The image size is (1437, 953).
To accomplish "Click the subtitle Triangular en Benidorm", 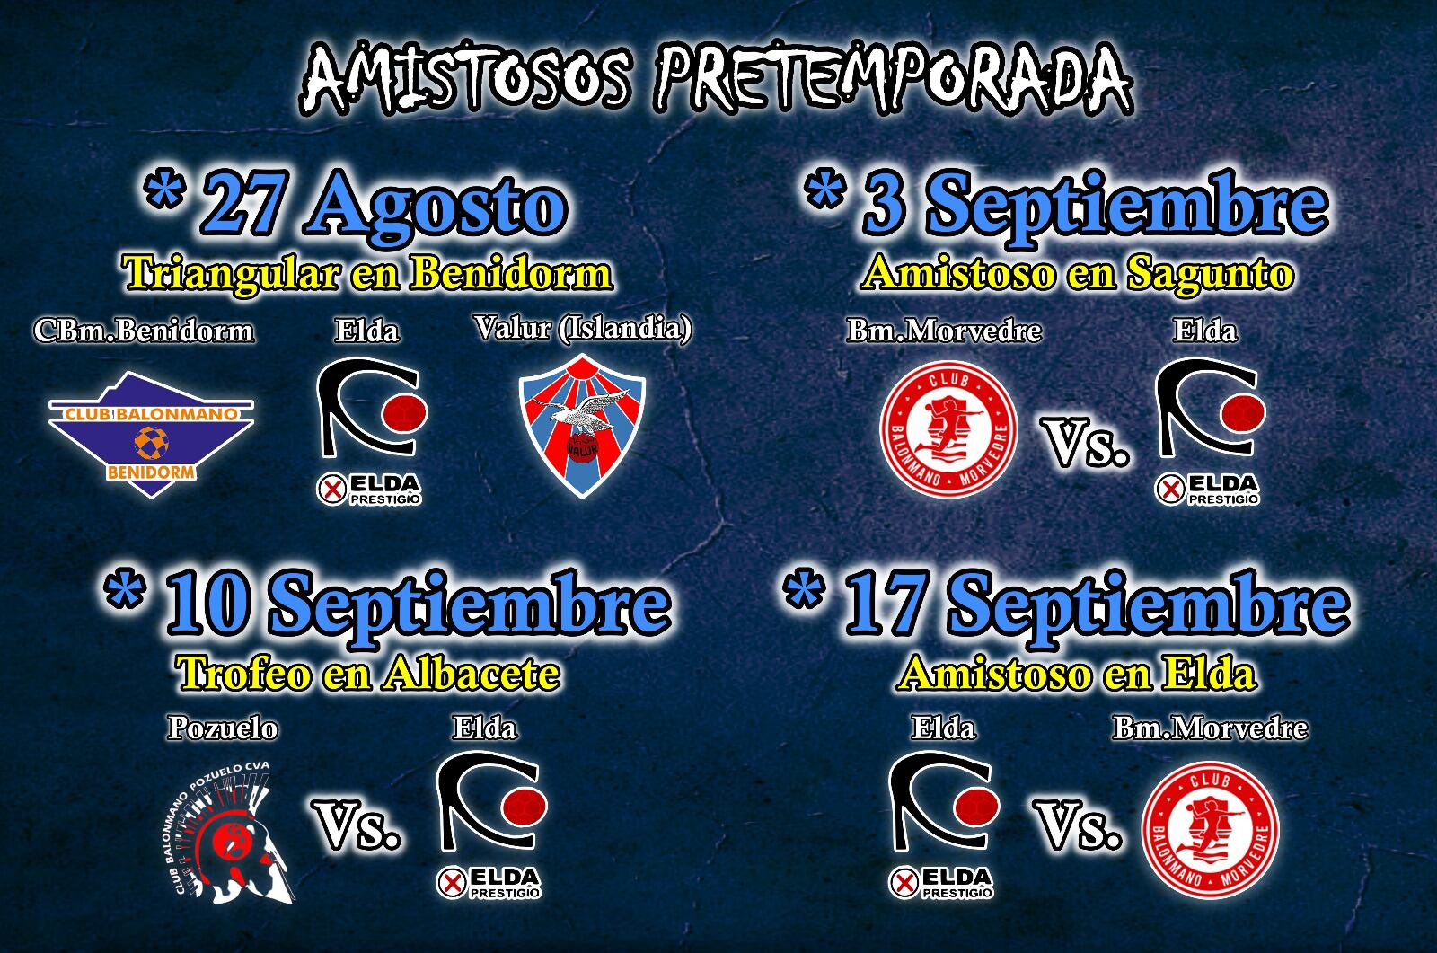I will click(x=368, y=273).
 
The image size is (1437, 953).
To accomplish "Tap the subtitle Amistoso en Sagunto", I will click(x=1077, y=273).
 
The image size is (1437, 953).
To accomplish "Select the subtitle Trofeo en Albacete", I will click(x=368, y=673).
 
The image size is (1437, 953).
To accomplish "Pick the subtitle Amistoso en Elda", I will click(x=1077, y=673).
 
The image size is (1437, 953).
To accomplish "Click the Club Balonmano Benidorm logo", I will click(x=151, y=433).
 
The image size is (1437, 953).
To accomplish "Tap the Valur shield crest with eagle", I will click(x=583, y=426).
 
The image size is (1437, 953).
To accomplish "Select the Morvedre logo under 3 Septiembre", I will click(x=948, y=429).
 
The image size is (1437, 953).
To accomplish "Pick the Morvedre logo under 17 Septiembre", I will click(x=1210, y=829).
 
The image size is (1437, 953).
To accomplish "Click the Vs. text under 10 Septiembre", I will click(x=357, y=826).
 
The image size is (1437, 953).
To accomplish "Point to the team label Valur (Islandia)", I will click(x=583, y=329).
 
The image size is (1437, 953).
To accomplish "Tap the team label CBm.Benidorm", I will click(x=144, y=331).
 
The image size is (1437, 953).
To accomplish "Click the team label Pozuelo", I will click(x=223, y=728).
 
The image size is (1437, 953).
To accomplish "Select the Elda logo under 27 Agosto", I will click(x=370, y=429).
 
